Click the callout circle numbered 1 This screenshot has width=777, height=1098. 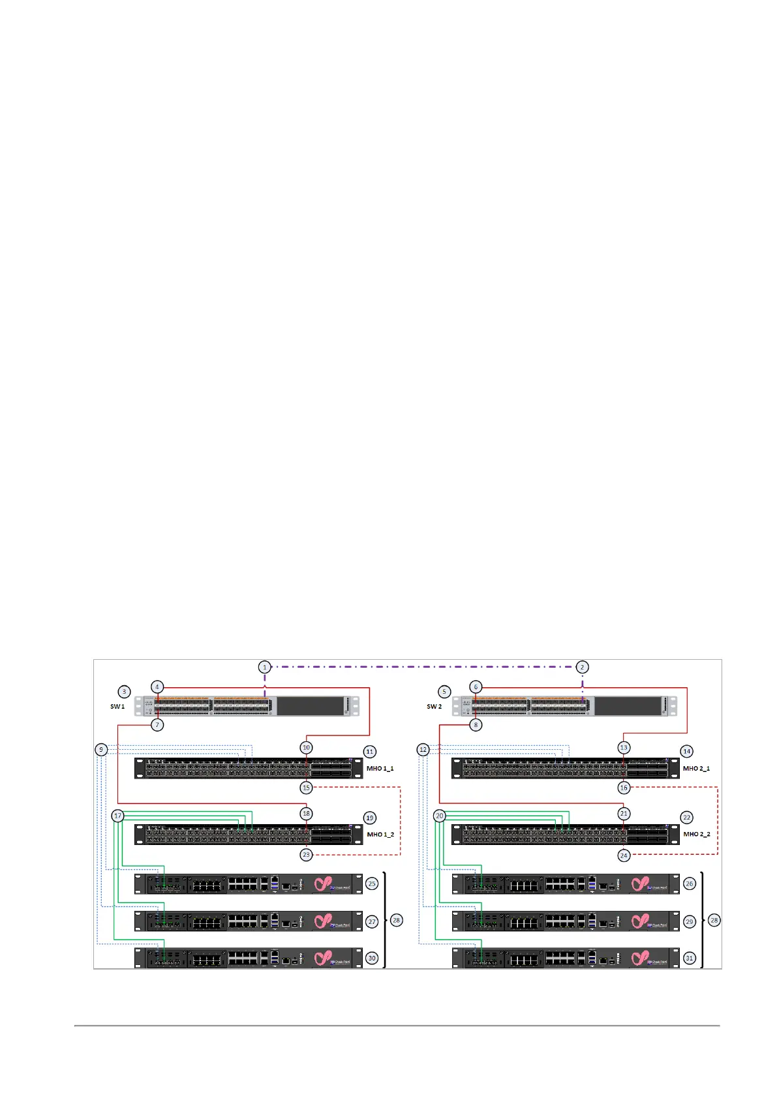[264, 667]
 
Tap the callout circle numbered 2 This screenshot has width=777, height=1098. [582, 667]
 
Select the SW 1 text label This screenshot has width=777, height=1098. [117, 707]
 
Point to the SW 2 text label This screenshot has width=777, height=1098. [434, 707]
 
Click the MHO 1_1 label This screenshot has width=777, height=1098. [380, 769]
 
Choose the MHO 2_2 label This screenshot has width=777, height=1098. [696, 835]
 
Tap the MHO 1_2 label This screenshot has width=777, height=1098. [380, 835]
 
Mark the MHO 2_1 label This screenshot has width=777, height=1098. [696, 769]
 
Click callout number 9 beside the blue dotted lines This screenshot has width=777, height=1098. [101, 750]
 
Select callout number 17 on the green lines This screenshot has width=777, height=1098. [117, 816]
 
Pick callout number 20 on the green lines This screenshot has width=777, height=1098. [439, 816]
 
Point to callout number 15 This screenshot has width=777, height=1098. [306, 788]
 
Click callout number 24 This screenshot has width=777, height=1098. [624, 855]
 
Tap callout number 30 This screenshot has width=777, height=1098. [372, 958]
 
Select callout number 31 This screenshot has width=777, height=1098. [689, 958]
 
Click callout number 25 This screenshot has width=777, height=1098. [372, 884]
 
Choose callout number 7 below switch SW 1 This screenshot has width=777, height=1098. [157, 725]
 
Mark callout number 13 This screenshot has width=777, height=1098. [624, 748]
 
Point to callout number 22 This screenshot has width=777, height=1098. [686, 818]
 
